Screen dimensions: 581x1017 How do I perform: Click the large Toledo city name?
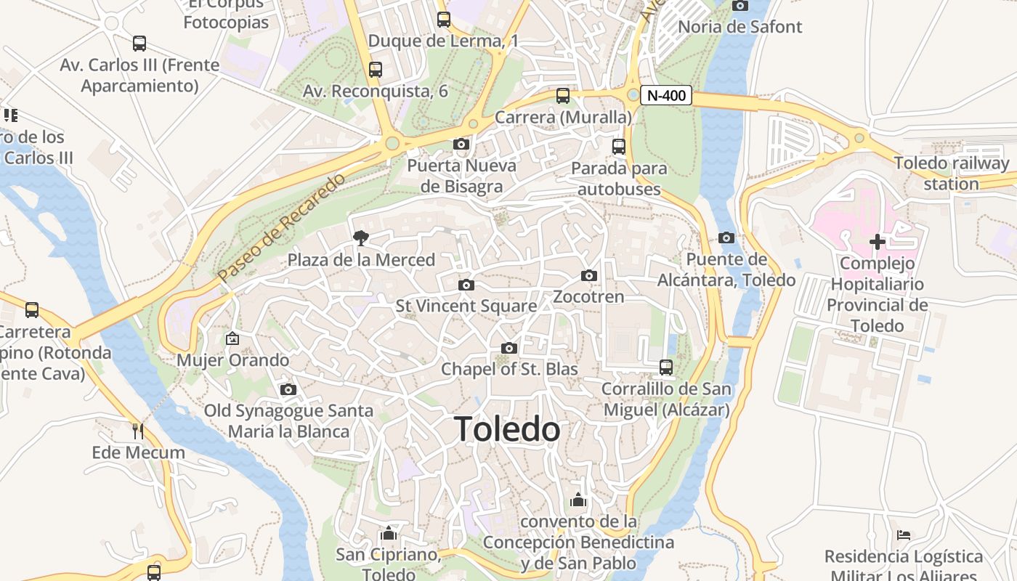pos(507,429)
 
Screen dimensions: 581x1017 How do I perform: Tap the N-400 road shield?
pos(666,95)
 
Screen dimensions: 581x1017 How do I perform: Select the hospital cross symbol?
pos(878,242)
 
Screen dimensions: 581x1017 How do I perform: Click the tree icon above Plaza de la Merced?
pos(360,237)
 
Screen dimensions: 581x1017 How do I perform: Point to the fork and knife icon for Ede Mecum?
pos(138,431)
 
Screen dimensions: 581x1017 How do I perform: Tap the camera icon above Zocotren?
pos(589,276)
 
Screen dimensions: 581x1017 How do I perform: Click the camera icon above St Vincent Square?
pos(466,285)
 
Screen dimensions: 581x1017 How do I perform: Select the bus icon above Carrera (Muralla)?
pos(563,96)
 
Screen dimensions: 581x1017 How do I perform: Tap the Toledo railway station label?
pos(952,174)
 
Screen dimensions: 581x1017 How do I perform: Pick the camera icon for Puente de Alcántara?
pos(726,237)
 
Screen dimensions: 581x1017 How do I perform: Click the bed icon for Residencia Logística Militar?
pos(904,535)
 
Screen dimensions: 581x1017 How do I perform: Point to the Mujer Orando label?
pos(233,360)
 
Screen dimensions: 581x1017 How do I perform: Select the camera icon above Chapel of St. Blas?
pos(509,349)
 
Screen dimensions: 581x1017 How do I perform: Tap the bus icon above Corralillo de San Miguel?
pos(666,367)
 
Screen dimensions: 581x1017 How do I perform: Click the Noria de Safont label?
pos(740,27)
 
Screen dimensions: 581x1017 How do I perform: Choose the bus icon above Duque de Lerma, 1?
pos(443,20)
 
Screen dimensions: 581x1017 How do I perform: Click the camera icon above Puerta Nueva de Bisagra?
pos(461,145)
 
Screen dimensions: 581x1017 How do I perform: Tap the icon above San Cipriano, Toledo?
pos(389,534)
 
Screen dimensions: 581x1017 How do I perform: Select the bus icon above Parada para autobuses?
pos(619,147)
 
